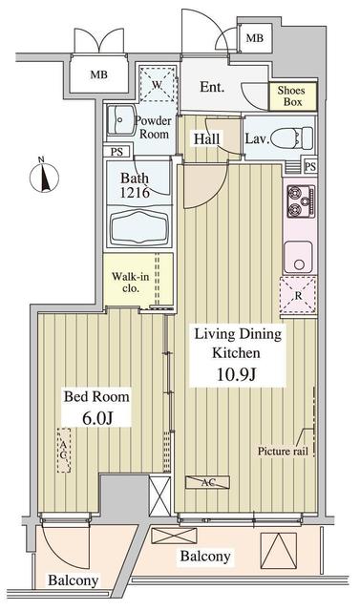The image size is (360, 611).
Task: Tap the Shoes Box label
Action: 291,95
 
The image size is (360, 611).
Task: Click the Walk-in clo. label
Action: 127,283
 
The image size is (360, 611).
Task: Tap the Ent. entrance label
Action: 212,88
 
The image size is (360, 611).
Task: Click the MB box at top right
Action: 254,38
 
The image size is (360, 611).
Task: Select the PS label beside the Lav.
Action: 310,166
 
